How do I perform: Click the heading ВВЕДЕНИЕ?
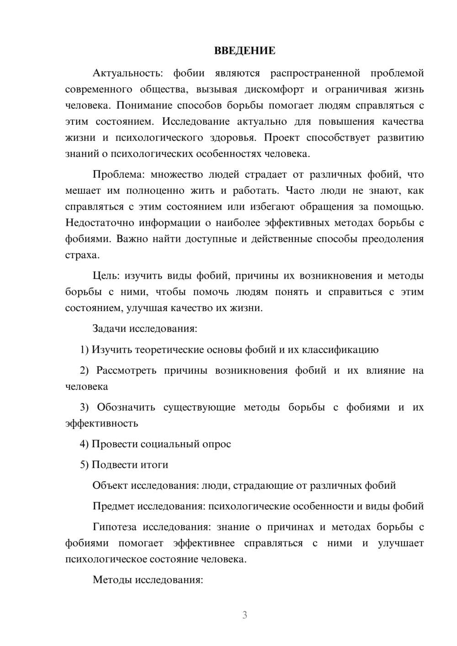pyautogui.click(x=244, y=51)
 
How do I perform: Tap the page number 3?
pyautogui.click(x=244, y=615)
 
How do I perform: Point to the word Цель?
pyautogui.click(x=106, y=275)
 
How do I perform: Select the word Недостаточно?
pyautogui.click(x=99, y=223)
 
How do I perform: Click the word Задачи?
pyautogui.click(x=109, y=328)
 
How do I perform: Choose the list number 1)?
pyautogui.click(x=84, y=350)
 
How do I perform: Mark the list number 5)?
pyautogui.click(x=84, y=465)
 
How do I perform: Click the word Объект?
pyautogui.click(x=110, y=486)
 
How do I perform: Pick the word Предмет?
pyautogui.click(x=113, y=506)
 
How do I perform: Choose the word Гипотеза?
pyautogui.click(x=114, y=527)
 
